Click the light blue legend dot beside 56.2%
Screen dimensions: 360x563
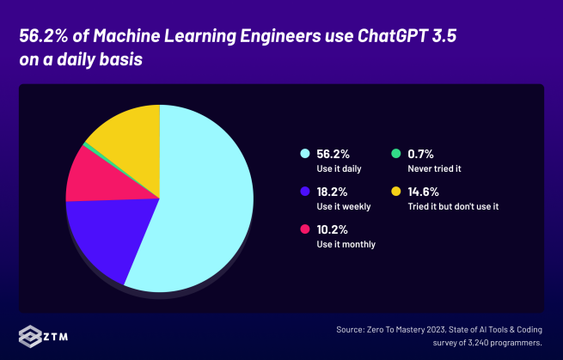pos(303,154)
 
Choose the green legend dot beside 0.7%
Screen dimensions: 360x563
pos(396,154)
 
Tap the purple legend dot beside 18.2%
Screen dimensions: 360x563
pos(303,192)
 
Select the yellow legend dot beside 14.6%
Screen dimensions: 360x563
pos(396,192)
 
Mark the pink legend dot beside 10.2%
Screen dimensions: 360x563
pos(303,229)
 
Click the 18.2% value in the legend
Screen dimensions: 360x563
pos(334,192)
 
